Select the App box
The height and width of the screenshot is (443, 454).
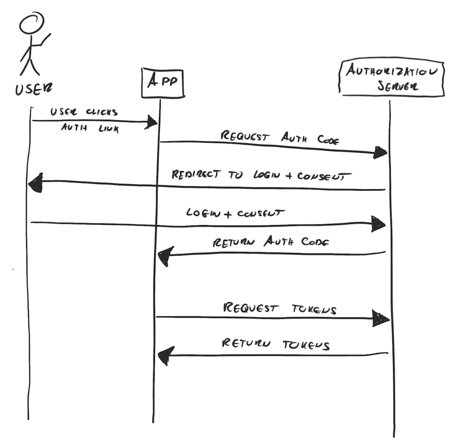pyautogui.click(x=162, y=83)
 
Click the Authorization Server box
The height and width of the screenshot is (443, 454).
pyautogui.click(x=392, y=78)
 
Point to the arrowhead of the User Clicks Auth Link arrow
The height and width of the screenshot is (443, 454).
pyautogui.click(x=152, y=122)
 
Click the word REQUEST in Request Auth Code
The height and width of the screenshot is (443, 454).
pyautogui.click(x=245, y=136)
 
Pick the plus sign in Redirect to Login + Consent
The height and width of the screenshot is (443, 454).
pyautogui.click(x=289, y=176)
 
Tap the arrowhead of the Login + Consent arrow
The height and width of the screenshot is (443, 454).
pyautogui.click(x=378, y=224)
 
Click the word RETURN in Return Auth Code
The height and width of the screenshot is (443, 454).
pyautogui.click(x=234, y=243)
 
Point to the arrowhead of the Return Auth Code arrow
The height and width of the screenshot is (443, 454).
pyautogui.click(x=165, y=256)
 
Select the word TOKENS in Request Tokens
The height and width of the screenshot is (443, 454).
pyautogui.click(x=314, y=309)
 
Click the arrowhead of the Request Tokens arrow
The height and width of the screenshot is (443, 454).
pyautogui.click(x=381, y=318)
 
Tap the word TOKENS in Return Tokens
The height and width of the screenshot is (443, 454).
pyautogui.click(x=306, y=345)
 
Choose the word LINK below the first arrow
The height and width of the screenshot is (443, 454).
pyautogui.click(x=108, y=129)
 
